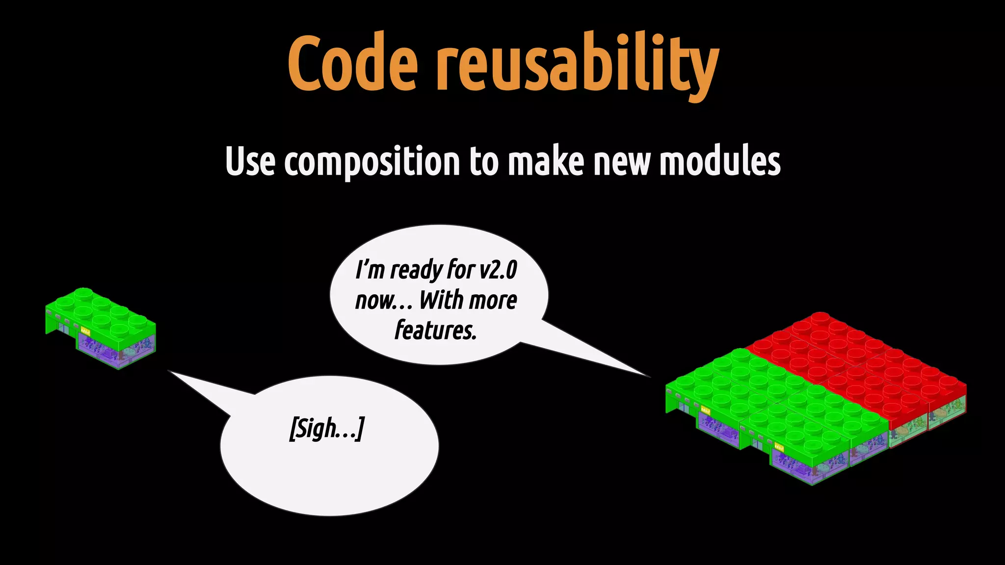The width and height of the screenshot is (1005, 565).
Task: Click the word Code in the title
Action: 352,64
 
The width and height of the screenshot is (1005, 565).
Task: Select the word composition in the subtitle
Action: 372,162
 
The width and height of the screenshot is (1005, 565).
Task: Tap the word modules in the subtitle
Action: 720,162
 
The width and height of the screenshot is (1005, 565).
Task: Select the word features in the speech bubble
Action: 436,331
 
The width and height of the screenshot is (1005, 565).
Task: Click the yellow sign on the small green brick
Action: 85,332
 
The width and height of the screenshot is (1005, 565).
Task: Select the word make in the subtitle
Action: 546,162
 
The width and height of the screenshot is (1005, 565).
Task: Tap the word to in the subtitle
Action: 484,162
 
